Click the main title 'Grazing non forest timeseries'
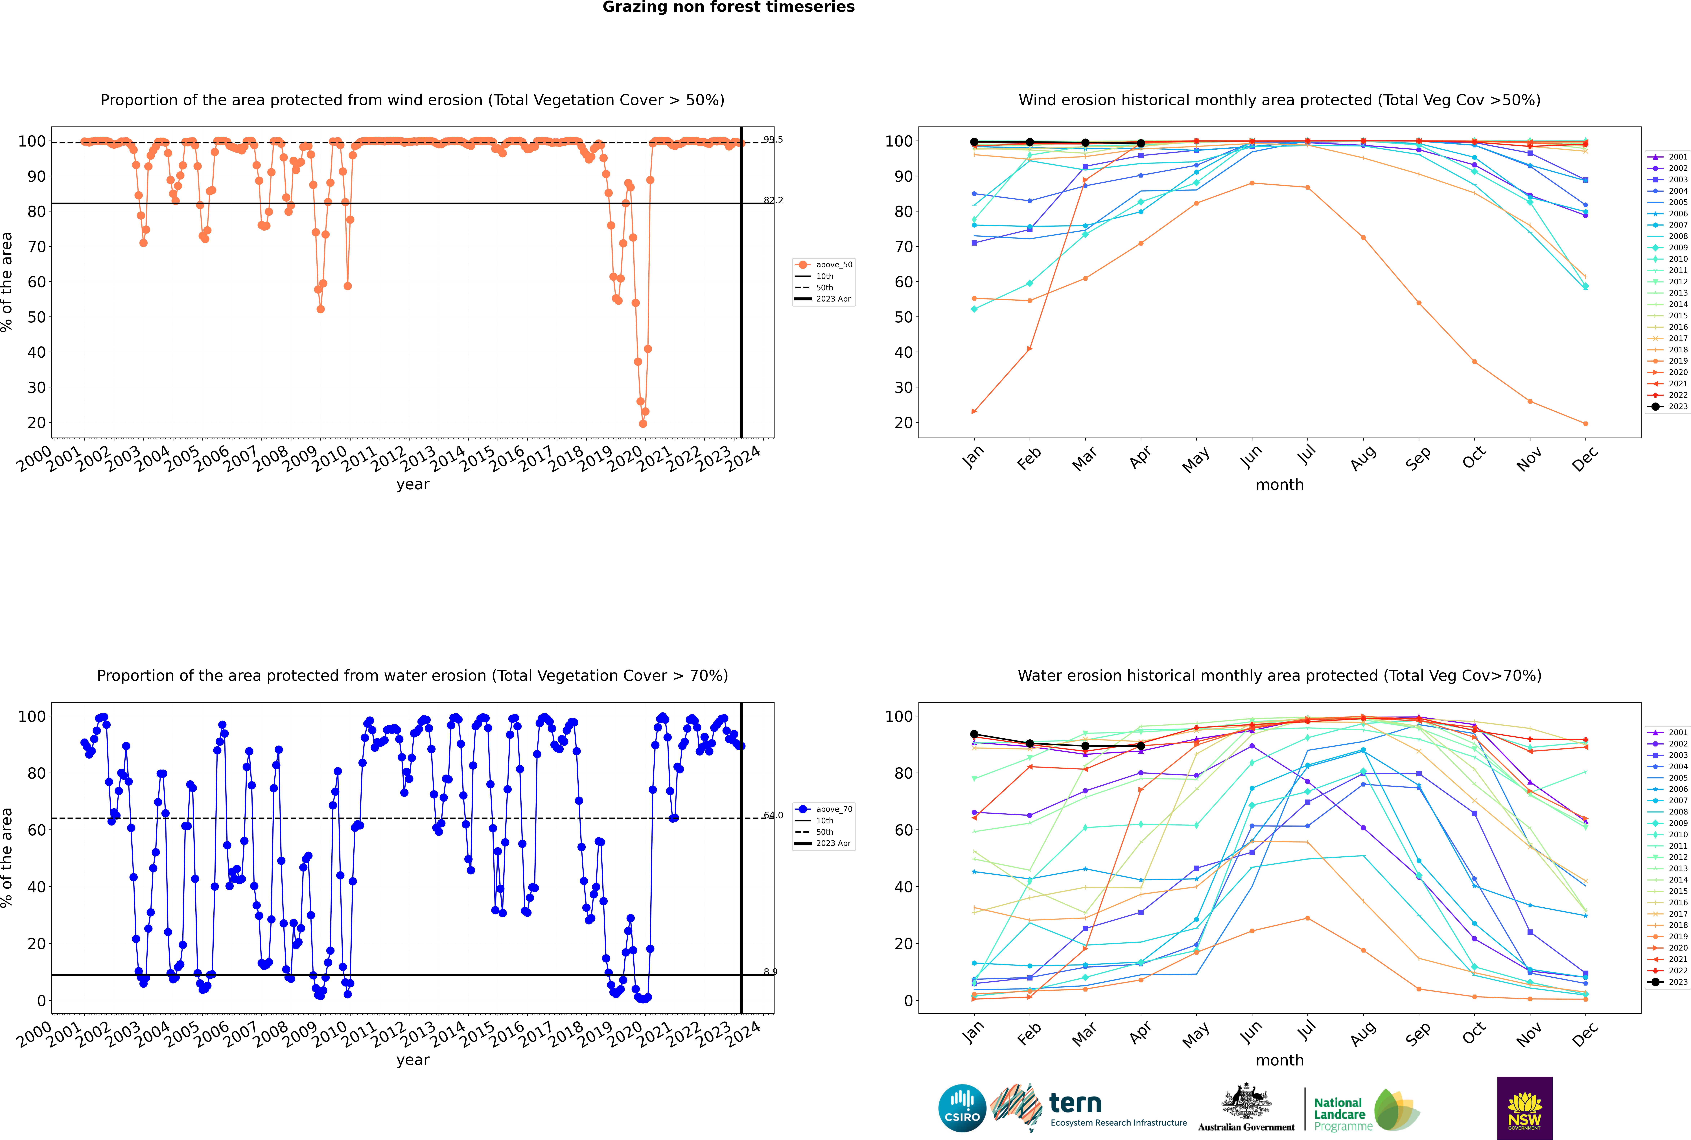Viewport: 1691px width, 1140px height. click(x=729, y=7)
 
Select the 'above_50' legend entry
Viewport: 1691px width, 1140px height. click(x=833, y=265)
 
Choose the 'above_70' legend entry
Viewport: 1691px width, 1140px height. click(x=833, y=809)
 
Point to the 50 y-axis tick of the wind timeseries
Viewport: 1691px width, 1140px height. click(x=36, y=317)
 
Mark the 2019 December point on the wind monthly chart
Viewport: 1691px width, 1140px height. click(x=1586, y=424)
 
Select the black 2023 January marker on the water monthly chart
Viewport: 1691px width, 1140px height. click(x=974, y=734)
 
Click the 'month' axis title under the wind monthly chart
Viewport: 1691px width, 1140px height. click(x=1279, y=485)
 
